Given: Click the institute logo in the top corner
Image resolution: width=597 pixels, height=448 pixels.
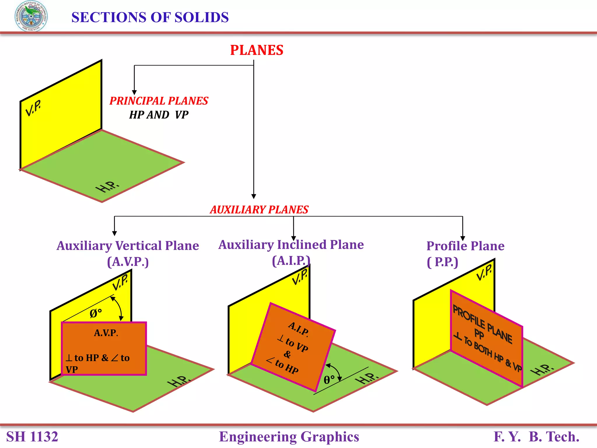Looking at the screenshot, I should pos(31,16).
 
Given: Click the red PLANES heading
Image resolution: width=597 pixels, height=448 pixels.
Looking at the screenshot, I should pos(257,50).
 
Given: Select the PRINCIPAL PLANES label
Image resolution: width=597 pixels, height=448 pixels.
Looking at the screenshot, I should pos(159,101).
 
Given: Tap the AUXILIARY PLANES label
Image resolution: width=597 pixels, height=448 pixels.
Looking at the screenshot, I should pos(259,210).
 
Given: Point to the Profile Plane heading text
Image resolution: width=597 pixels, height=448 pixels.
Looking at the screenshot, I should pos(465,246).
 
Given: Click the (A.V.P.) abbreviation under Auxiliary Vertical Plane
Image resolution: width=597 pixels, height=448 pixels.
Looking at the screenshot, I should pos(128,262).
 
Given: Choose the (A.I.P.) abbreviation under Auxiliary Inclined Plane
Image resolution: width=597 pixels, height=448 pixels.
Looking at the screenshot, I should pos(291,261).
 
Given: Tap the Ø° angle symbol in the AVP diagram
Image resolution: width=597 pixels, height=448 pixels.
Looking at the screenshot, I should pos(96,314).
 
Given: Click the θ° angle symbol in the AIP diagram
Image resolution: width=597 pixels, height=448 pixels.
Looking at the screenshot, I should pos(329,380).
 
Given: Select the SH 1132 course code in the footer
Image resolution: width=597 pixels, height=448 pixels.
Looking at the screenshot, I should pos(32,437).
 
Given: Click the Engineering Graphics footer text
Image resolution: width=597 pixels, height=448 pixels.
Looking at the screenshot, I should pos(289,437).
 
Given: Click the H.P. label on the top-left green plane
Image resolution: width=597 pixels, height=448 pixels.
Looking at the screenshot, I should pos(107,187).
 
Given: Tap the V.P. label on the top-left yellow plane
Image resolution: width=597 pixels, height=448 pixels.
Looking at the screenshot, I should pos(33,108).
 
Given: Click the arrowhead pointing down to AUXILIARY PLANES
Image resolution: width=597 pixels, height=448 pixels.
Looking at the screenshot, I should pos(254,196).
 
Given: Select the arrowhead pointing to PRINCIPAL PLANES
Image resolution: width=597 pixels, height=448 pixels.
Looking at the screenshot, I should pos(134,92).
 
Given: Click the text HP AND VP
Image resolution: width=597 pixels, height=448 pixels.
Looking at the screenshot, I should pos(159,115).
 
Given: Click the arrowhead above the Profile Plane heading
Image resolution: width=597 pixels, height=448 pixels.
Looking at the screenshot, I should pos(463,238).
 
